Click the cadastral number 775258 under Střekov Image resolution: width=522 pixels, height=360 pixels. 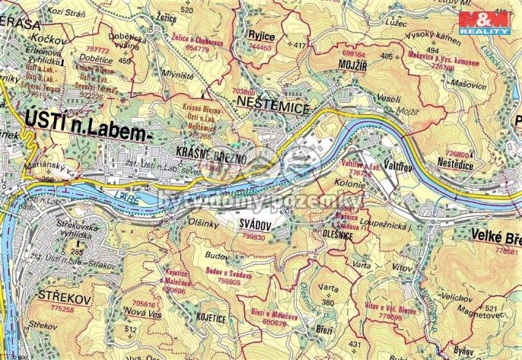click(62, 309)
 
